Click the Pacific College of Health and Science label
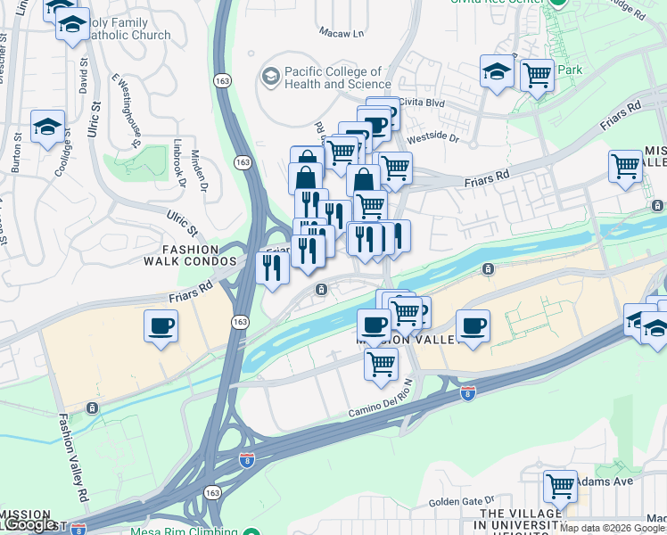pyautogui.click(x=333, y=78)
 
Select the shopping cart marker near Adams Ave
pyautogui.click(x=560, y=486)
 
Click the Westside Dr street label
pyautogui.click(x=432, y=138)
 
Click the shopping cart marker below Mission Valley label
pyautogui.click(x=382, y=364)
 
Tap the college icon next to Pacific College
pyautogui.click(x=269, y=77)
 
